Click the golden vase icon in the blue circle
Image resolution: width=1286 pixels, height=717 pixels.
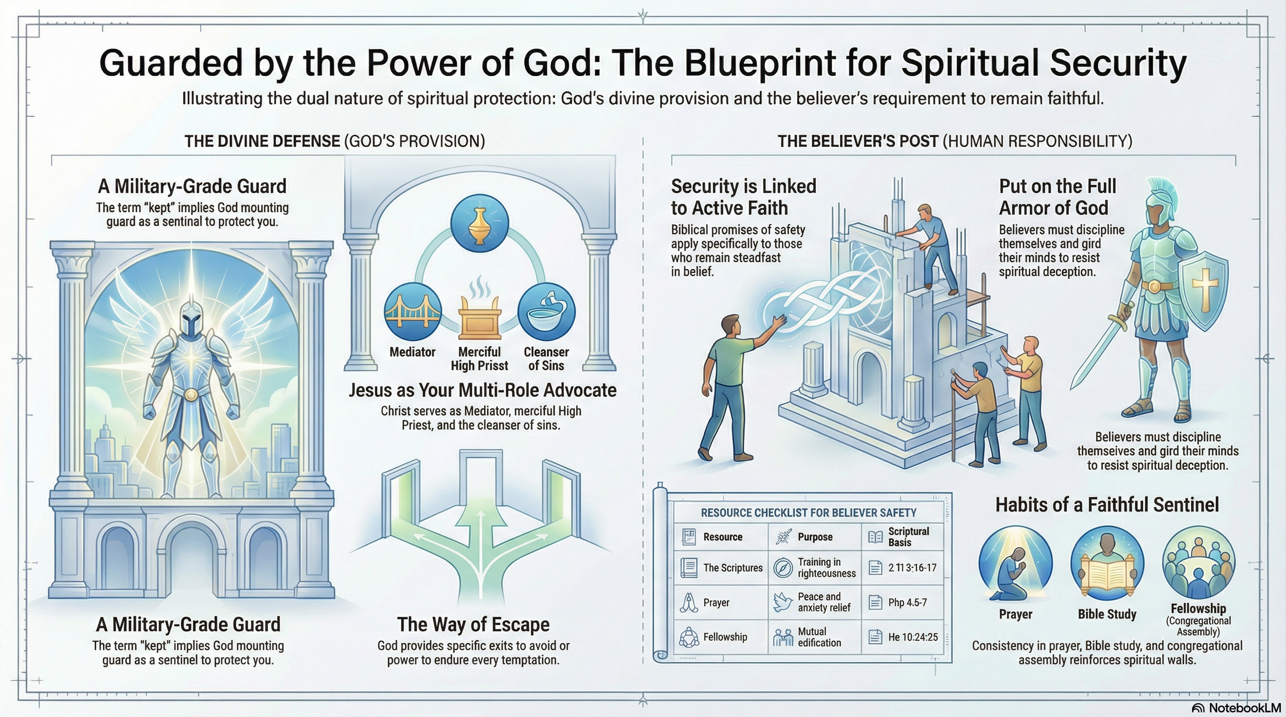(479, 224)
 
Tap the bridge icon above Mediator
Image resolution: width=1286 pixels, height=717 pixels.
(413, 311)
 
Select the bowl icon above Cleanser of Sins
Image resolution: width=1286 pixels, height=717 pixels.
(546, 311)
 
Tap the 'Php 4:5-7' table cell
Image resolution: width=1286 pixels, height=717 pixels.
(907, 602)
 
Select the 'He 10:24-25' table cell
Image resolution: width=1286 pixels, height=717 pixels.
(913, 637)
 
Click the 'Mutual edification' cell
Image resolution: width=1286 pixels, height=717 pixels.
(819, 637)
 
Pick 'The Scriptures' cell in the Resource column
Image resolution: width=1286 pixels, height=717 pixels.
(733, 568)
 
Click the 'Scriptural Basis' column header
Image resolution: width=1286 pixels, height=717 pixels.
(908, 537)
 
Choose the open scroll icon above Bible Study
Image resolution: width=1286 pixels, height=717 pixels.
(1107, 565)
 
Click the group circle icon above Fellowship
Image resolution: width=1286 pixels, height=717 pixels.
(1199, 563)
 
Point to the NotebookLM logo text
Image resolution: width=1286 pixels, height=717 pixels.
(1244, 708)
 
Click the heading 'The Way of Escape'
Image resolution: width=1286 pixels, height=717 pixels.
(473, 624)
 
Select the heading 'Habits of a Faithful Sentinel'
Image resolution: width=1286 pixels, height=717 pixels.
(1107, 505)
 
